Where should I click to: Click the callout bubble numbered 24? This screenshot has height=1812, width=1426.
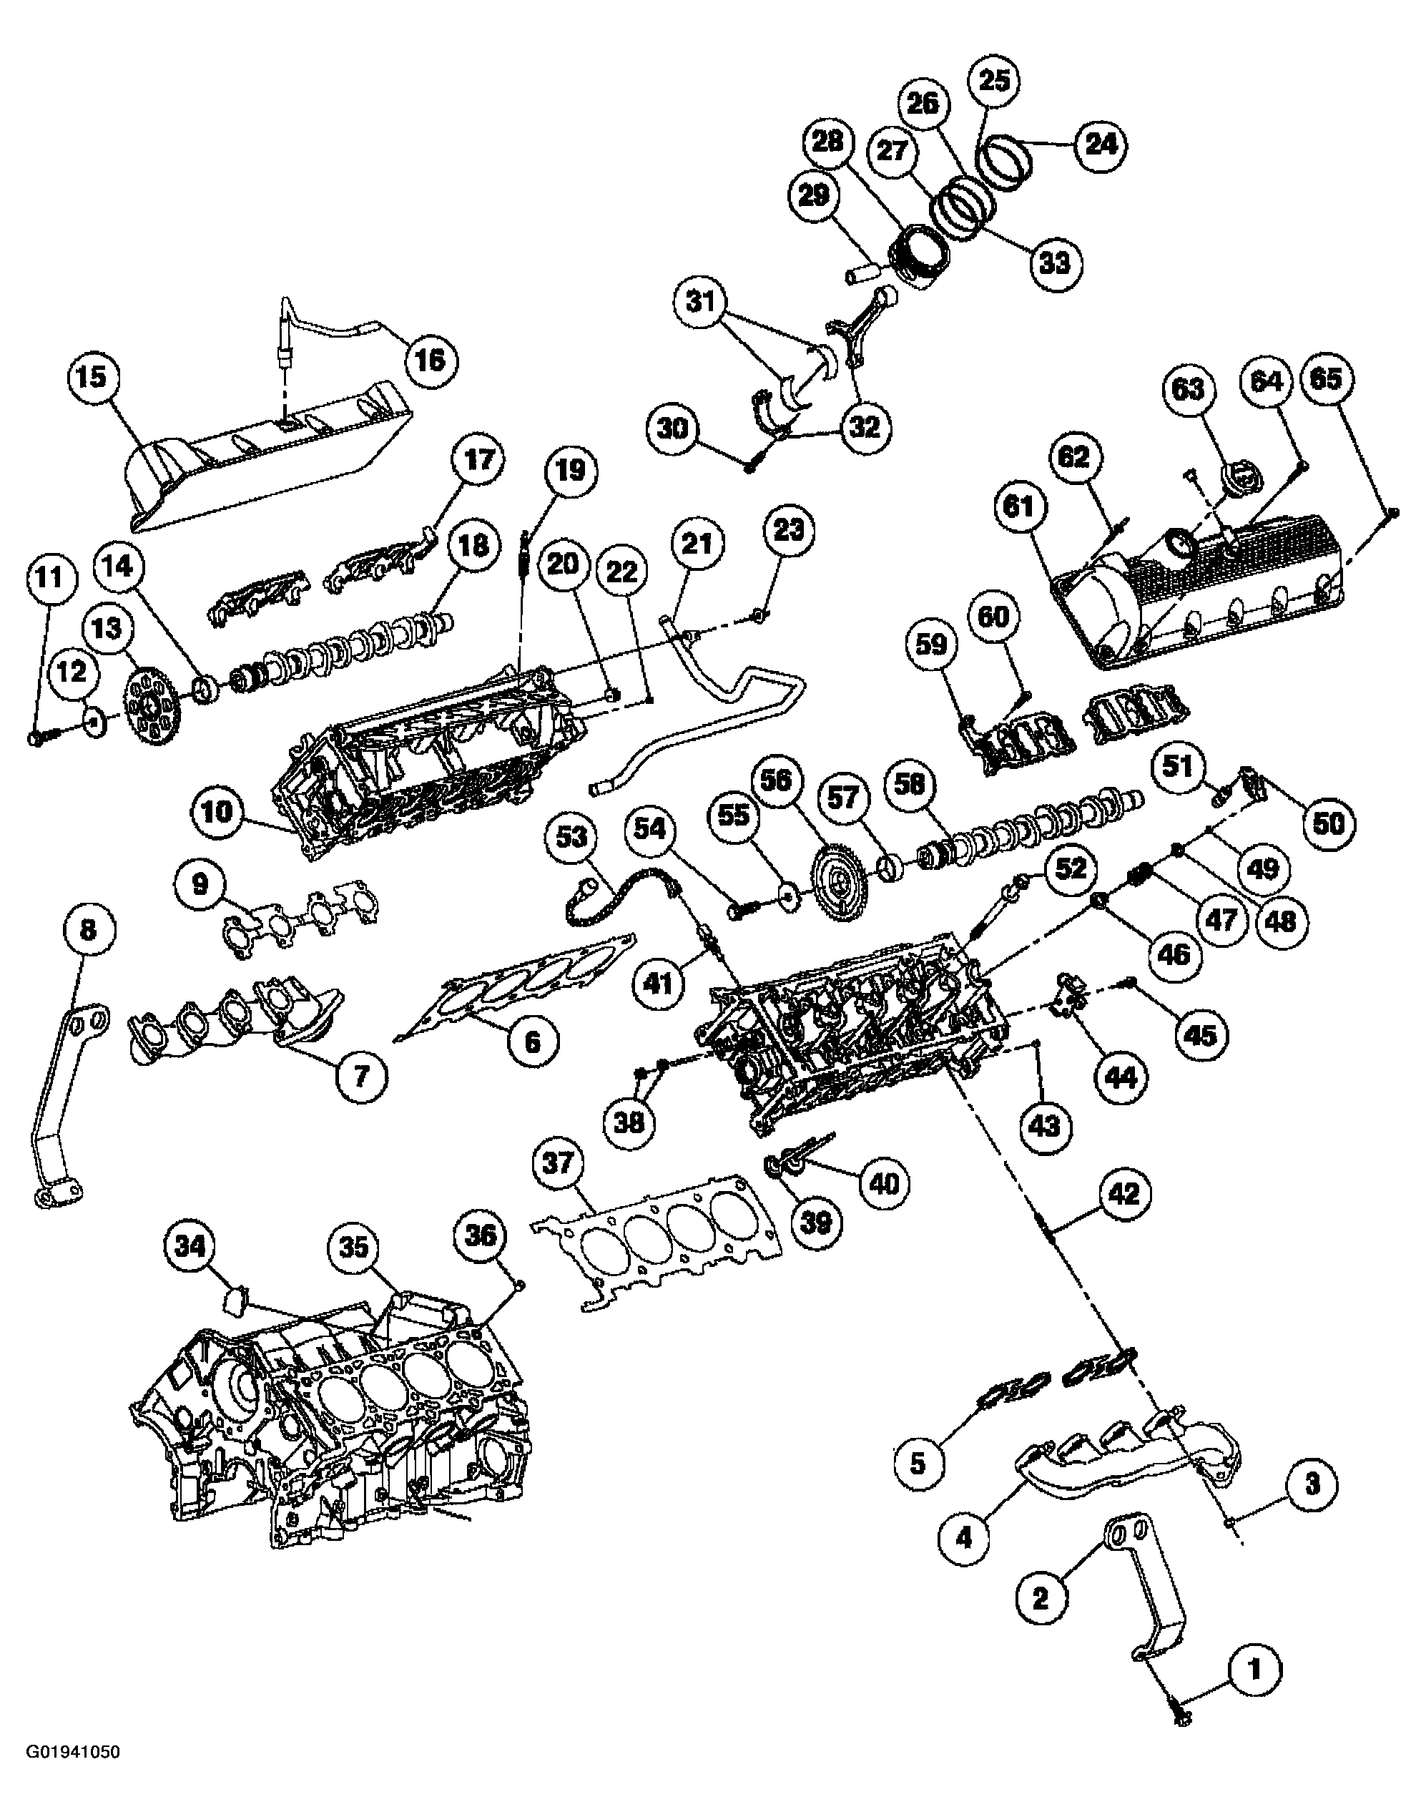(1101, 145)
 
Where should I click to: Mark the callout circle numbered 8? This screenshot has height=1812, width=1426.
(88, 929)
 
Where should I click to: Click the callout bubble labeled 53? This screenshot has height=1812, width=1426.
(572, 837)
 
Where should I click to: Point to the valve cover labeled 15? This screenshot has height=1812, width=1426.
(267, 455)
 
